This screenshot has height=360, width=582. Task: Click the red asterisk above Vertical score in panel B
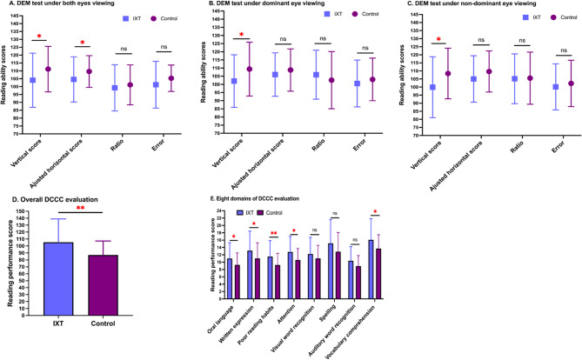[x=242, y=35]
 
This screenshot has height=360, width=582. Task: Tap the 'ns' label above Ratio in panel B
[x=323, y=39]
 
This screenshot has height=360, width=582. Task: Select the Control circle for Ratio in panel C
[x=528, y=78]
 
